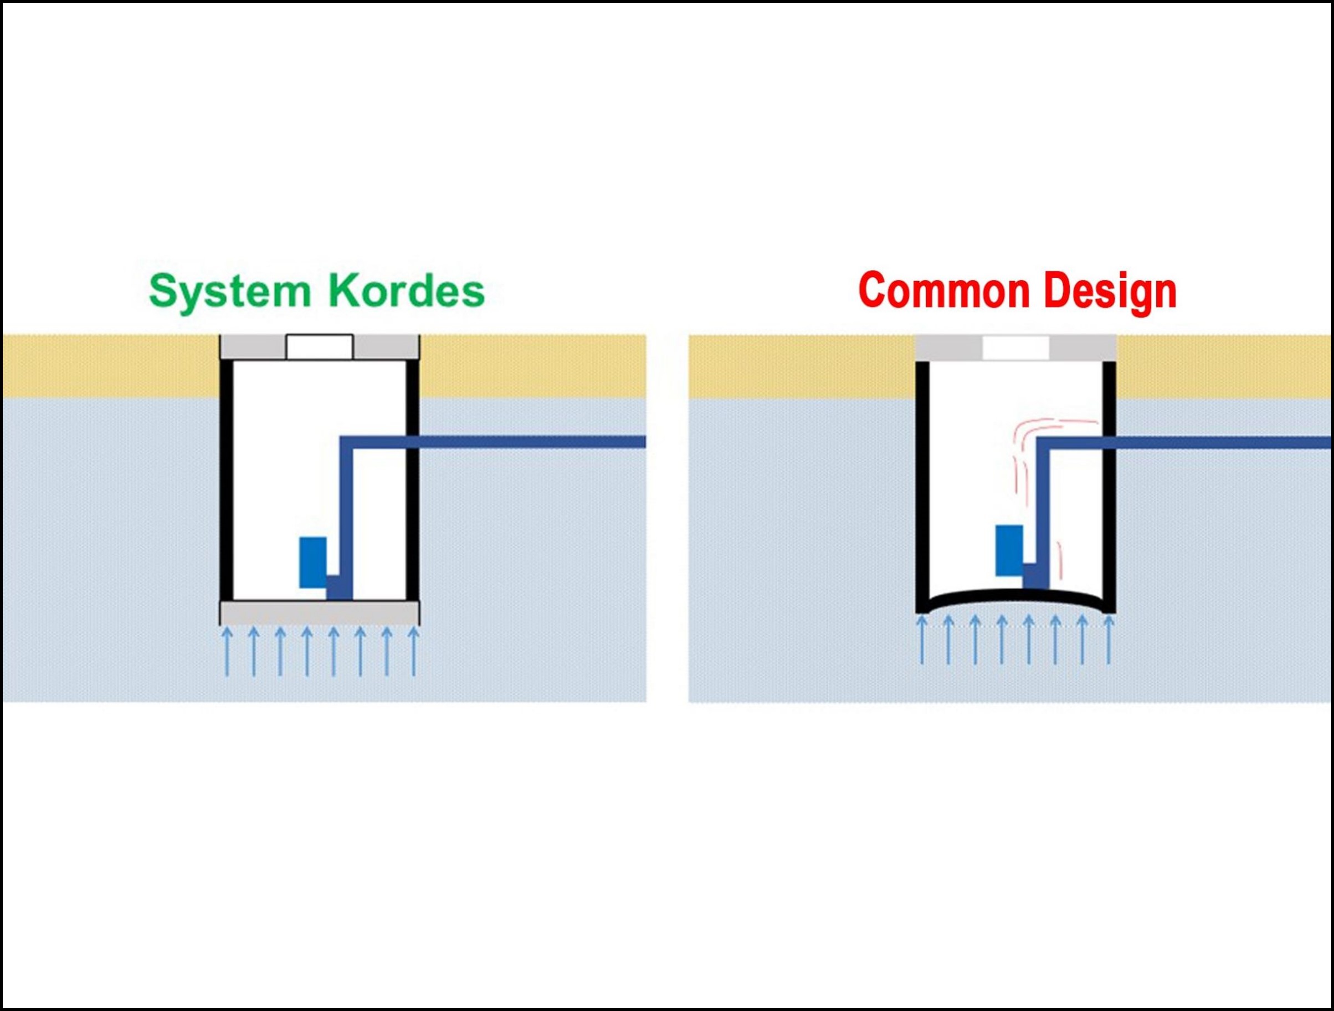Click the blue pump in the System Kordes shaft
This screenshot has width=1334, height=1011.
(x=313, y=562)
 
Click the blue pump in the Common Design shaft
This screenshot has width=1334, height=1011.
(x=1009, y=550)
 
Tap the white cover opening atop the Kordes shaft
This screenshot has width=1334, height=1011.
(x=320, y=348)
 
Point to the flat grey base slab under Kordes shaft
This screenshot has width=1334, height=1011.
(x=320, y=613)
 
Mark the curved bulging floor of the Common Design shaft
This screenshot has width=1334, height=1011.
(x=1015, y=596)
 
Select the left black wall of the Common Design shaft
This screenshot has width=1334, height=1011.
(x=922, y=483)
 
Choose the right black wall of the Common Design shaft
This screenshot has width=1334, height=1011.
(x=1109, y=483)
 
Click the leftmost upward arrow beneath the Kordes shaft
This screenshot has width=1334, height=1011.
(x=227, y=651)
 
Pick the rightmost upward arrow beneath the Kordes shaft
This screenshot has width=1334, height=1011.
(x=413, y=651)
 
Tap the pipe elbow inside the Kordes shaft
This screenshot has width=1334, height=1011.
(x=347, y=442)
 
